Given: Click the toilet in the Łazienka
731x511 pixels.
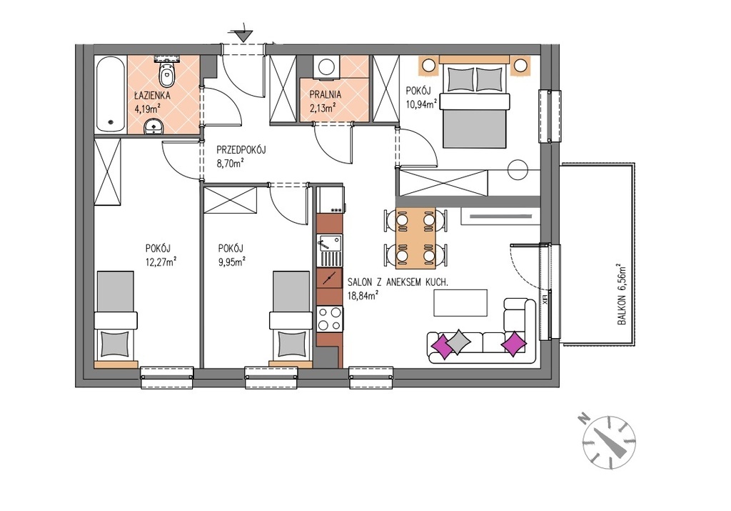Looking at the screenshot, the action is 166,71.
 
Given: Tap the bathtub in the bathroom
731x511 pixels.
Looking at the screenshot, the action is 111,94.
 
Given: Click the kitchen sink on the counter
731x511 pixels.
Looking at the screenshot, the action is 329,250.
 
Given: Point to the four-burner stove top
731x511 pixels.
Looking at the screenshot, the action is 329,319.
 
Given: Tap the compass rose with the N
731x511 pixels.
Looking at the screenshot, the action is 609,442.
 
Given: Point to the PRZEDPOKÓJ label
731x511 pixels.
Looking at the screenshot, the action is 241,150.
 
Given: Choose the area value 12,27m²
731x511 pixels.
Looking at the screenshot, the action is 161,262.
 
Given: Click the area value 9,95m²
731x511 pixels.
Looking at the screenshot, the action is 231,262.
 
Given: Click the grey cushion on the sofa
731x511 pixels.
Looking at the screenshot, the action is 458,342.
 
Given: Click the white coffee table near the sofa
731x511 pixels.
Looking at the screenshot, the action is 460,303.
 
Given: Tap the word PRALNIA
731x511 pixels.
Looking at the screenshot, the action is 326,95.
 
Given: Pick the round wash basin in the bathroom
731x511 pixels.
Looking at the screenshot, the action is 153,126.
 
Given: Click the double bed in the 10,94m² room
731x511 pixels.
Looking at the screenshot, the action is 474,102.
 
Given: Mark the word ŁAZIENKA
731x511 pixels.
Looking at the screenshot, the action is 153,96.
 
